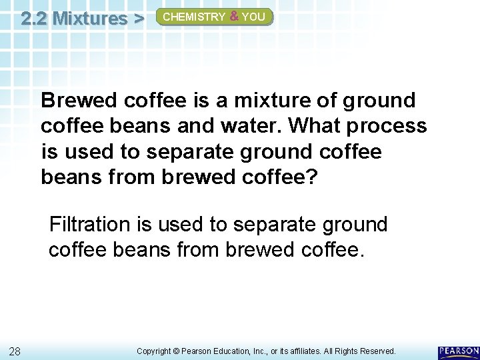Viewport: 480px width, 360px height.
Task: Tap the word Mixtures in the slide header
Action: (89, 17)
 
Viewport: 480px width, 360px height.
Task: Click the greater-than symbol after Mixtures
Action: (138, 17)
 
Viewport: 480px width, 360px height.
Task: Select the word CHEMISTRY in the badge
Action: (194, 17)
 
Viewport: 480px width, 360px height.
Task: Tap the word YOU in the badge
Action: (253, 17)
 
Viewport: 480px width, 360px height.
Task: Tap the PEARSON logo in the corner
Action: (459, 351)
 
